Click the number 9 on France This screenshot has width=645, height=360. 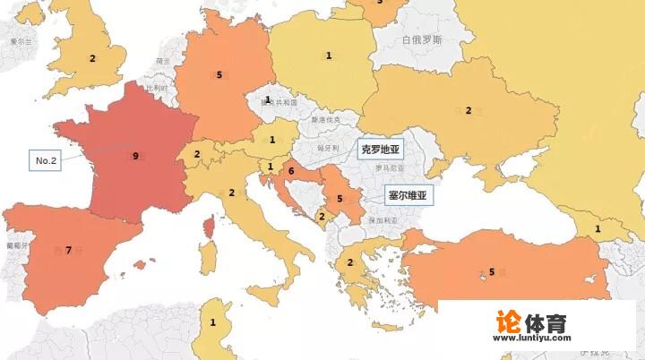pos(135,156)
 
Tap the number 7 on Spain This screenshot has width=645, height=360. pos(68,250)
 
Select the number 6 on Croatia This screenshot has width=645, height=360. pos(290,170)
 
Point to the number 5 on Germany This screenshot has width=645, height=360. pos(219,74)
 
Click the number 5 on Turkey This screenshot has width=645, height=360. pos(491,271)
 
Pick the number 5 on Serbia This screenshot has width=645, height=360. pos(340,199)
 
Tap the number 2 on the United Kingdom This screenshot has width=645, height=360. pos(91,58)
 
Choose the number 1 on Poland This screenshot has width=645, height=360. pos(329,56)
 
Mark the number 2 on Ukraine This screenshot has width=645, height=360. pos(468,110)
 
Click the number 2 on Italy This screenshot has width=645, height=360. pos(231,193)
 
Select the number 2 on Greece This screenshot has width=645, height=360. pos(349,262)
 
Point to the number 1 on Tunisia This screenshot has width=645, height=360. pos(213,322)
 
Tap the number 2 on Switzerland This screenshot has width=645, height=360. pos(197,154)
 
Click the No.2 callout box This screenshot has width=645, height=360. pos(46,161)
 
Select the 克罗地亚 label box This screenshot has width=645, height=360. pos(381,150)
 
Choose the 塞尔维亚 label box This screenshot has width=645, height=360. pos(408,193)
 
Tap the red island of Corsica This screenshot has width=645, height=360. pos(209,227)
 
